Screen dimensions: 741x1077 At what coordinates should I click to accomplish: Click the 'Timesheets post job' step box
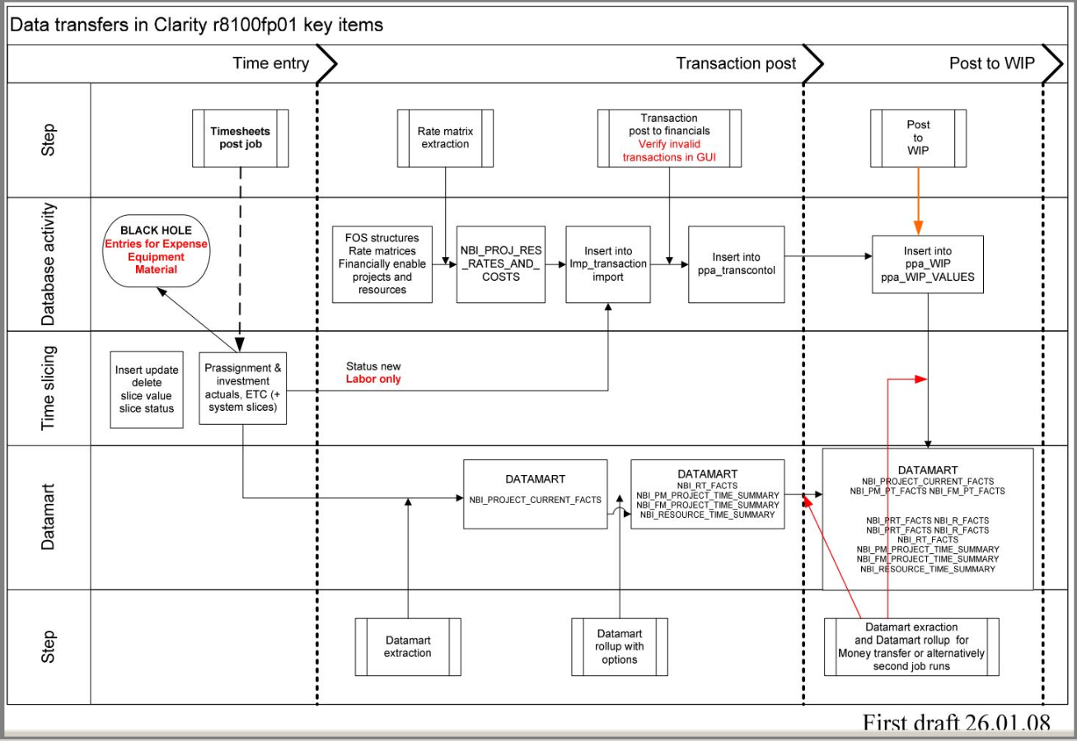[x=240, y=137]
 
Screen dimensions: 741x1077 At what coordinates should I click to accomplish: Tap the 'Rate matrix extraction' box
[x=445, y=137]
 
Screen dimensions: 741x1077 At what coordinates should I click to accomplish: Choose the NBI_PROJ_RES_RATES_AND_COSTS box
[x=500, y=264]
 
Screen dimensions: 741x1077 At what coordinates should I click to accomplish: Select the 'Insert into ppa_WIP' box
[x=929, y=264]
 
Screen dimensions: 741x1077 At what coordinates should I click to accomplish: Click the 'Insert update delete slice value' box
[x=147, y=389]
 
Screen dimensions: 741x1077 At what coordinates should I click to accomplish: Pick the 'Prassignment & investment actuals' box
[x=243, y=387]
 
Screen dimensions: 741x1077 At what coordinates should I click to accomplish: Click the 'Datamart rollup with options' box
[x=619, y=646]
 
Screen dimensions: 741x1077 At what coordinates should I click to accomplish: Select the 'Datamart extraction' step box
[x=408, y=646]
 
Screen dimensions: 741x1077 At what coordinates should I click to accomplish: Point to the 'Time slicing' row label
[x=49, y=389]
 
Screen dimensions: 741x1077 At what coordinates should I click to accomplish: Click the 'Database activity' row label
[x=49, y=264]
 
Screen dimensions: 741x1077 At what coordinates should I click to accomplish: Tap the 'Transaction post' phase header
[x=736, y=63]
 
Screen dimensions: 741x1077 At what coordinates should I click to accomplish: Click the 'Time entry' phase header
[x=271, y=63]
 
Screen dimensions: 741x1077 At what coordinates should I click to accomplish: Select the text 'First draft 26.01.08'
[x=956, y=724]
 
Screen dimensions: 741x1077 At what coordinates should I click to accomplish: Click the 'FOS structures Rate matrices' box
[x=382, y=264]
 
